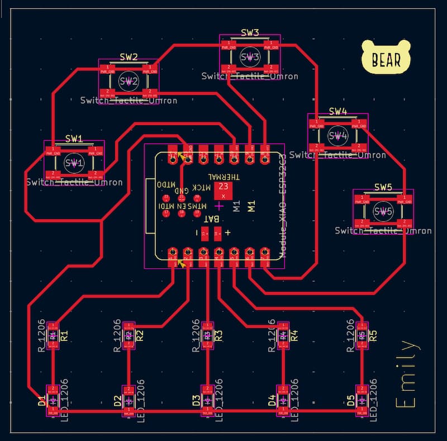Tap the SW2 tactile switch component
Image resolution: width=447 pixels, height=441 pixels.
(129, 82)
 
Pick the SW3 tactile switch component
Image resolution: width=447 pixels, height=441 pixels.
(250, 56)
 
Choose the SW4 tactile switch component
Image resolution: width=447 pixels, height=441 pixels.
(337, 136)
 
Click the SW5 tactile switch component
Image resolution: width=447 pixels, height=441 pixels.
(383, 211)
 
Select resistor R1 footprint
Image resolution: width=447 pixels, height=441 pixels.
(53, 335)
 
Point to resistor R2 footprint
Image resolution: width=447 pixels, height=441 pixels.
(129, 335)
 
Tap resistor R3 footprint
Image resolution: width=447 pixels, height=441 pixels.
(207, 335)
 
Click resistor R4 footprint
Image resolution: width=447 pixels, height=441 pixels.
(283, 335)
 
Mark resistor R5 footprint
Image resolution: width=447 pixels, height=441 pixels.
(362, 335)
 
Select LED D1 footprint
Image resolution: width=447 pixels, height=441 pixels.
(53, 400)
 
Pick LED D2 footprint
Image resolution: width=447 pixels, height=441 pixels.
(129, 400)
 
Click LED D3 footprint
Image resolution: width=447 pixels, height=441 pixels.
(207, 400)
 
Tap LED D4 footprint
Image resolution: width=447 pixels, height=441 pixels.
(283, 400)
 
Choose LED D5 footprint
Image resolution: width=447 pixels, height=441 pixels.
(362, 400)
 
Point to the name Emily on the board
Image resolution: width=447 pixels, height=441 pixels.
(406, 374)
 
